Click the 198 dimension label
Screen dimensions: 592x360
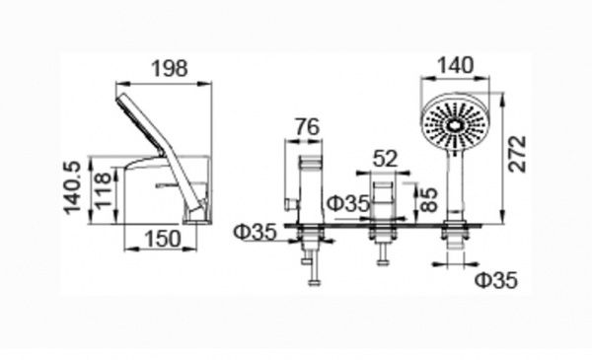point(169,69)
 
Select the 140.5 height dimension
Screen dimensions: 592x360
point(72,188)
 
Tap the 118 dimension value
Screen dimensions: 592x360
point(104,189)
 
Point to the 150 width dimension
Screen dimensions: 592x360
point(163,239)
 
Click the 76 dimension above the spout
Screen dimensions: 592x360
point(307,127)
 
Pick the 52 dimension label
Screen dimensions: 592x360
point(386,158)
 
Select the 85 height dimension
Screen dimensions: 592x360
point(428,199)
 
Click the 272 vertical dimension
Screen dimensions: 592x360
point(516,154)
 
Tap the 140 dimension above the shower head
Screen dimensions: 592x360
point(455,65)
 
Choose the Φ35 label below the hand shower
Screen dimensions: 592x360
point(496,280)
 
